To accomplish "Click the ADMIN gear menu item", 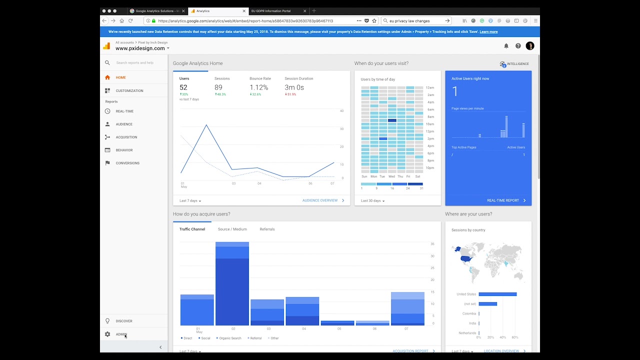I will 121,334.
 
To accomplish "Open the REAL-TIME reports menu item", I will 124,111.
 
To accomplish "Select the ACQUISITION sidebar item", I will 126,137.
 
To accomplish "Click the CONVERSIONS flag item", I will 127,163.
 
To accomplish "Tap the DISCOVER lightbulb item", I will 124,321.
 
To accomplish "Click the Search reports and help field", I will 135,63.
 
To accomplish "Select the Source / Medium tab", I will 232,229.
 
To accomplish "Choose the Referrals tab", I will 267,229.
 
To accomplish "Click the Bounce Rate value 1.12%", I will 259,87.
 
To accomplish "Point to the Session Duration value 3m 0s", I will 294,87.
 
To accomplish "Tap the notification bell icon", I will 506,46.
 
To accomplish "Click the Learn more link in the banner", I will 488,32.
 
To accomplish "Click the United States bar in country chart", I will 497,294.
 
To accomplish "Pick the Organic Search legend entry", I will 229,338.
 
